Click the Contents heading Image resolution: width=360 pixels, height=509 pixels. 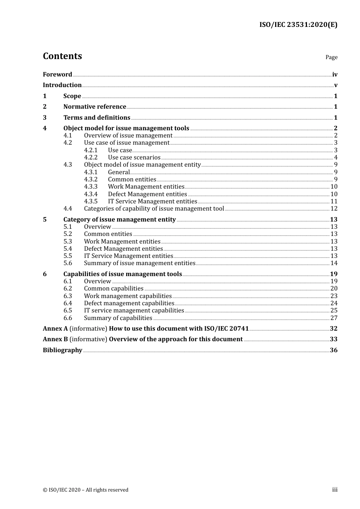(62, 56)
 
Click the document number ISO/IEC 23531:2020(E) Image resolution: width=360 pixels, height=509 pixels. (298, 25)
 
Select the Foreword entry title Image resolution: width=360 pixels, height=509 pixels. (57, 75)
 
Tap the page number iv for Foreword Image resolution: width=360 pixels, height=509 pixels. (335, 75)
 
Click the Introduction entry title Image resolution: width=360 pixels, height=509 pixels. (62, 85)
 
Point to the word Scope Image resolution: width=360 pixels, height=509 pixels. (72, 96)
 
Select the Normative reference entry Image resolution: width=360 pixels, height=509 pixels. (95, 107)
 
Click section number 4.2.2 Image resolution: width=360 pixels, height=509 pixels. (91, 158)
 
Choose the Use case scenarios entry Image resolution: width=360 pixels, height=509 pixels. (134, 158)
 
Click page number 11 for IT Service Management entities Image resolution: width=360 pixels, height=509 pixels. (334, 201)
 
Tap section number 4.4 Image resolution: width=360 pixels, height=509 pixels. (68, 209)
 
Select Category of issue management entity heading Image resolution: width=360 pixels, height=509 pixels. (119, 220)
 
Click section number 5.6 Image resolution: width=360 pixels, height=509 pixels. (68, 263)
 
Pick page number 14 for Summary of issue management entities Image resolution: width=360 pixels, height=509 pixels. (334, 263)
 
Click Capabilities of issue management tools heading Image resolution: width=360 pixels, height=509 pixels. (122, 274)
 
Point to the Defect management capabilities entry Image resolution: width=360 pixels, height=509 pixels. (129, 303)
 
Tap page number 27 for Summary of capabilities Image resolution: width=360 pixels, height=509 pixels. (334, 318)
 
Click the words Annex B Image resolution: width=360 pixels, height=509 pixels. (55, 339)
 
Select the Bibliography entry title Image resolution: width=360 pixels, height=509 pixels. (63, 350)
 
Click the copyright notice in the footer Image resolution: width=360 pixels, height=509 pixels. (86, 490)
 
